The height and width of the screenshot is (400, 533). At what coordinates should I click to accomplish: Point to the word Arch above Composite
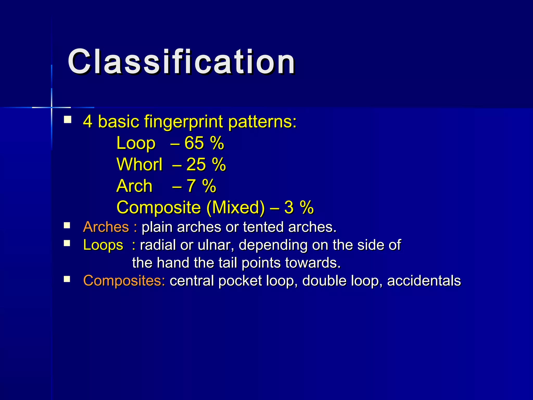134,186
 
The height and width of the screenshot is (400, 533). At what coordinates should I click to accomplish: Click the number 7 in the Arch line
191,186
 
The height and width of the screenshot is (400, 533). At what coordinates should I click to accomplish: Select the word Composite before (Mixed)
158,208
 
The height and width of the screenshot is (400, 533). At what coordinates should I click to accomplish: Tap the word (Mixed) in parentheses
235,208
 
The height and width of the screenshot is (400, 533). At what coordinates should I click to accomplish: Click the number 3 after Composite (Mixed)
289,208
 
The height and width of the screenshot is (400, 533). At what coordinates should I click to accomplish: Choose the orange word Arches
106,227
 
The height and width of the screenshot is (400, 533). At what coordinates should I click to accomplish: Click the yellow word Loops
103,245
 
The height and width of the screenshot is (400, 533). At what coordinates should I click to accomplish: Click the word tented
263,227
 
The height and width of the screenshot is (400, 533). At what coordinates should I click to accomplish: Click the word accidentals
424,281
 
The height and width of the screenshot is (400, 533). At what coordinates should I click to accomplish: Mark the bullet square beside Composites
67,279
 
